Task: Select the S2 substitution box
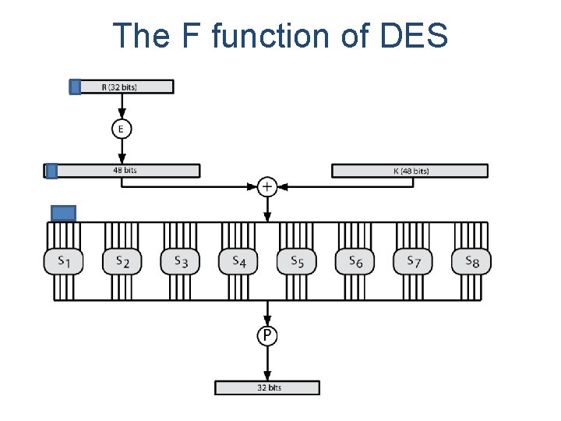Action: click(122, 261)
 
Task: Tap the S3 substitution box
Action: click(180, 261)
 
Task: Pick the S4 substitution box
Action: click(238, 261)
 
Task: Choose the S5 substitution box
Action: click(297, 261)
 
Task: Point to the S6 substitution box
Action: click(355, 261)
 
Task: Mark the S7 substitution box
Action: click(413, 261)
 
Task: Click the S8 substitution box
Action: click(471, 261)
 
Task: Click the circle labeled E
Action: click(121, 129)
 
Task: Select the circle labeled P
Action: click(267, 335)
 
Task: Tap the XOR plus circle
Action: click(267, 187)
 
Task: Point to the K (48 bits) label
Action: click(411, 171)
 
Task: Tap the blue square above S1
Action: click(63, 213)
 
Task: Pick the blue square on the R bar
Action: click(76, 87)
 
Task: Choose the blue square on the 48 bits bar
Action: click(51, 171)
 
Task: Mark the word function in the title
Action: click(256, 35)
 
